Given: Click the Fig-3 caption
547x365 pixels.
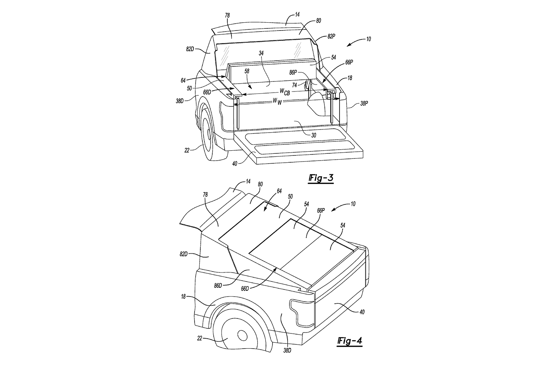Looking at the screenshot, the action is point(321,178).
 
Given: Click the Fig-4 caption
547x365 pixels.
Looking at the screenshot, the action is point(349,341).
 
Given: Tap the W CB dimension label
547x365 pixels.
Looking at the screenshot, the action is point(285,92).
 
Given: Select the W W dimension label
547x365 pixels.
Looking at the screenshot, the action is point(277,101).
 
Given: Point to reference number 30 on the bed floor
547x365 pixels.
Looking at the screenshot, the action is point(313,135).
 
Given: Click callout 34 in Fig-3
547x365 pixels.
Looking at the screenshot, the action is point(261,53).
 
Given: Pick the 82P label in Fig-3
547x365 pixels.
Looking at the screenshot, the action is point(331,36).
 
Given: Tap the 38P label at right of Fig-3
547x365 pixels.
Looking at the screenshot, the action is point(364,103).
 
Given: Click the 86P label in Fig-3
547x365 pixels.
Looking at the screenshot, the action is point(293,73).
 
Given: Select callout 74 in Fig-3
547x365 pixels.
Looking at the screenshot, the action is point(295,85).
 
